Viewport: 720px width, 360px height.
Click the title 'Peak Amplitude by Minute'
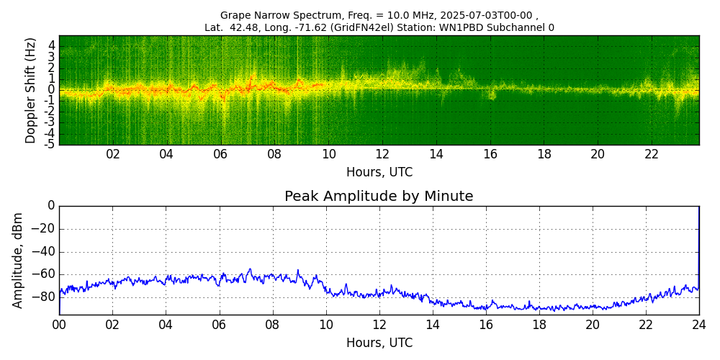(x=379, y=197)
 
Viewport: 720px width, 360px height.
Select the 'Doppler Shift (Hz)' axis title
(x=30, y=90)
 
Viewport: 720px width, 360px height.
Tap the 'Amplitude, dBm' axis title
(x=19, y=260)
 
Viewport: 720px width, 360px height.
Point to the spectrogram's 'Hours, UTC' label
(x=379, y=173)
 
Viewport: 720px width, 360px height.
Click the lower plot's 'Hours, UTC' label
(x=379, y=343)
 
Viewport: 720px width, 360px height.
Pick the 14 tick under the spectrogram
(x=436, y=154)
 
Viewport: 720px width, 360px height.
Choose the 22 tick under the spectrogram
(x=652, y=154)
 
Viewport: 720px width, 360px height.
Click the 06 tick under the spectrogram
(x=220, y=154)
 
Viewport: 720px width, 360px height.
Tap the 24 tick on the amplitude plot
(x=699, y=325)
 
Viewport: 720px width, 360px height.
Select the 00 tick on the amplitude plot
(x=59, y=325)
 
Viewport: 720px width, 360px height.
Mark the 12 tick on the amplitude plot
(x=379, y=325)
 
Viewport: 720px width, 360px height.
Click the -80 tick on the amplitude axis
(x=45, y=297)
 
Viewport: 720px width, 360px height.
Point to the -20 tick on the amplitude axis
(x=45, y=229)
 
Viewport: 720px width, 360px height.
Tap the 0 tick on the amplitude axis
(x=51, y=206)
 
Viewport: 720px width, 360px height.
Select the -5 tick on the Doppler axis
(x=50, y=144)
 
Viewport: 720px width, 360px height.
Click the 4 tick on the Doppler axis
(x=52, y=45)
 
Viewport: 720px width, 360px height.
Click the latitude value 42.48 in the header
(x=239, y=28)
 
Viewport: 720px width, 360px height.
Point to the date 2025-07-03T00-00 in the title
(x=487, y=15)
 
